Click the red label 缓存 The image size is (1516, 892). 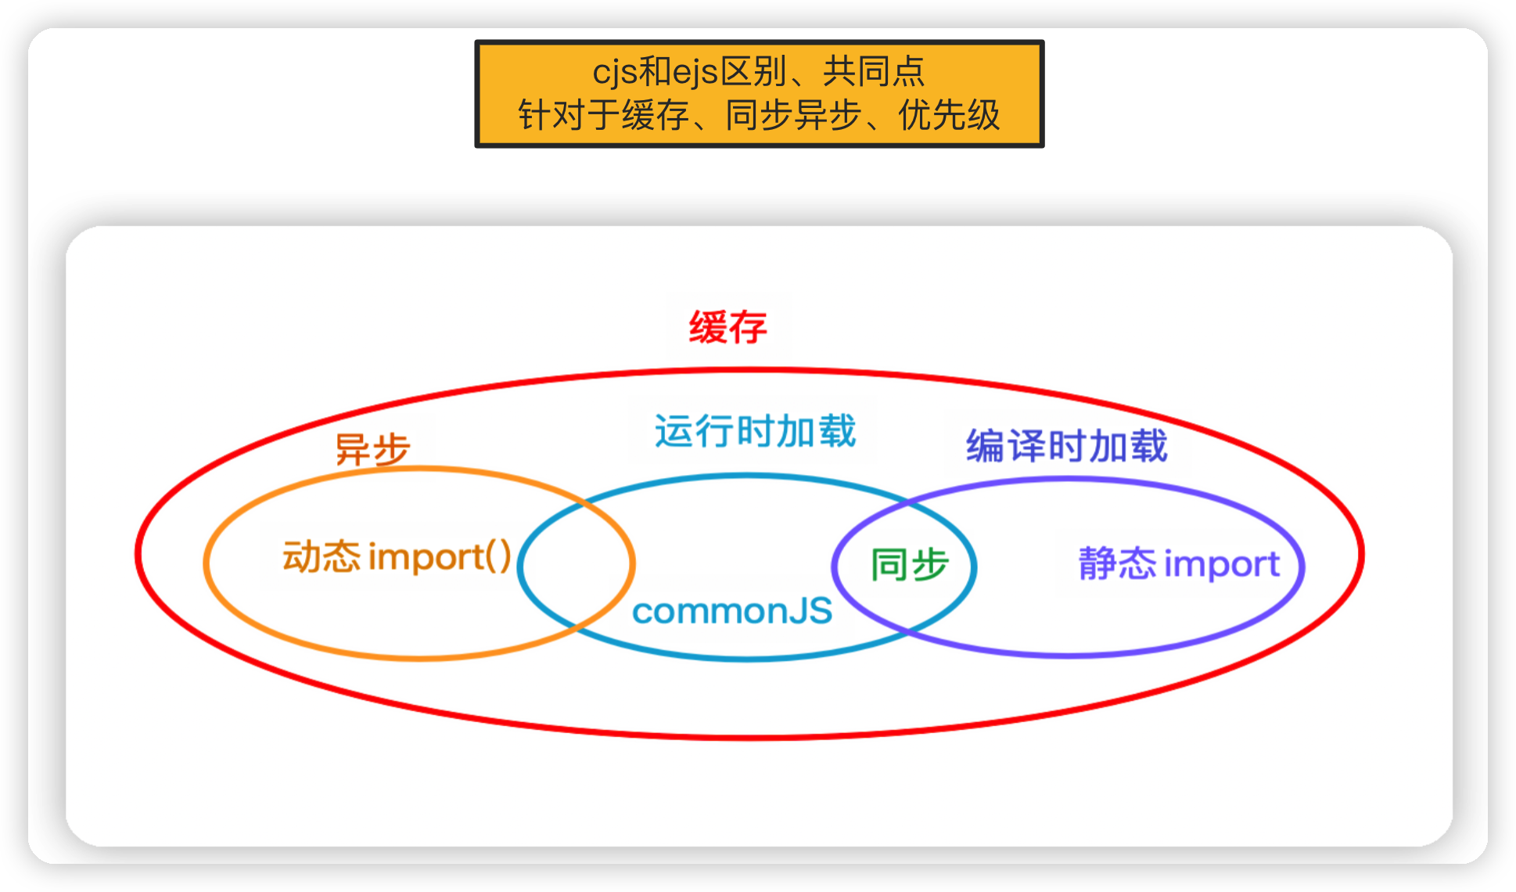click(x=727, y=327)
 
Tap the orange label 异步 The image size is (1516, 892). click(x=372, y=450)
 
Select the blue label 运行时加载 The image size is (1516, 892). click(x=755, y=431)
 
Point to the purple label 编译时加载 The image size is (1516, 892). click(x=1066, y=446)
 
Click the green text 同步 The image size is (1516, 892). click(x=910, y=564)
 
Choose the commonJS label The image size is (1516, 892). click(x=732, y=611)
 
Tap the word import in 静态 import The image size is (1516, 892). click(x=1223, y=564)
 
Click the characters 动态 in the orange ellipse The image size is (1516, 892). click(x=322, y=557)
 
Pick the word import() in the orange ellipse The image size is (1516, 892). click(x=440, y=557)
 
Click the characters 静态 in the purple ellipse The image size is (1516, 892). click(x=1116, y=564)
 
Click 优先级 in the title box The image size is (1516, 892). click(x=949, y=116)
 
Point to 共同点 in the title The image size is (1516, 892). click(x=874, y=72)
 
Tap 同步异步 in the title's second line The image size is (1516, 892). click(x=793, y=116)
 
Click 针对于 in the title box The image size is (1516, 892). click(x=569, y=116)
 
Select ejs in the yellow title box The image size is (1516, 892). click(x=695, y=72)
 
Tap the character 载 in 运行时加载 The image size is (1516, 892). click(x=838, y=431)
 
